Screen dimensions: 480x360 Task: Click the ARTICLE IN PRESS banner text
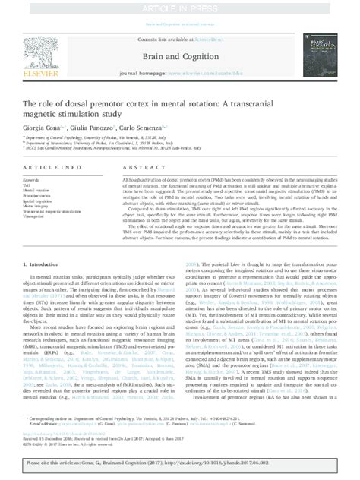click(x=179, y=6)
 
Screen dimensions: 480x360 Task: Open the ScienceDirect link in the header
click(x=213, y=38)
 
